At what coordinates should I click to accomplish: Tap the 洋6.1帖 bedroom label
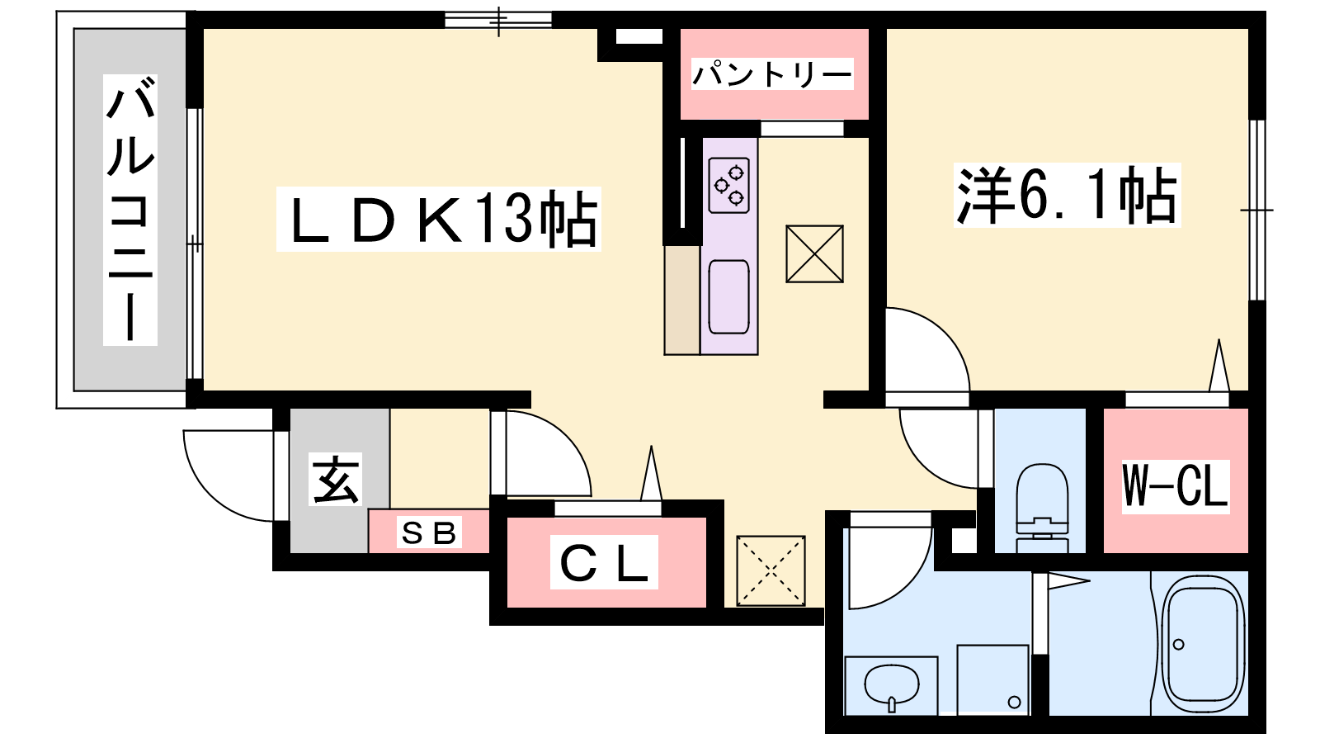pos(1068,195)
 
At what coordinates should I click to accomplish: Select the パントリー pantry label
pos(772,75)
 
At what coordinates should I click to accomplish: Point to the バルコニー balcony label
pos(130,210)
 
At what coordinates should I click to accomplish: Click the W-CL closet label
pos(1175,486)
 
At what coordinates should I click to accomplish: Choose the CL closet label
pos(604,562)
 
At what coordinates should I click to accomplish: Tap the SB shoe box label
pos(429,533)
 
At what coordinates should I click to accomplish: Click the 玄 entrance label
pos(335,480)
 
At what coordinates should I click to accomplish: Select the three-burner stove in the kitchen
pos(729,185)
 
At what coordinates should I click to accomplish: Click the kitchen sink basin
pos(729,297)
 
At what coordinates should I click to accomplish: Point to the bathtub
pos(1205,645)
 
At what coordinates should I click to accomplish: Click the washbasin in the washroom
pos(891,686)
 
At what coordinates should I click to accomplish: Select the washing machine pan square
pos(993,680)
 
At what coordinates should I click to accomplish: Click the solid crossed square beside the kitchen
pos(814,253)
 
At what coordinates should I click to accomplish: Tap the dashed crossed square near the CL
pos(771,570)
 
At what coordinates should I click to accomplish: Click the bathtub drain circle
pos(1179,645)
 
